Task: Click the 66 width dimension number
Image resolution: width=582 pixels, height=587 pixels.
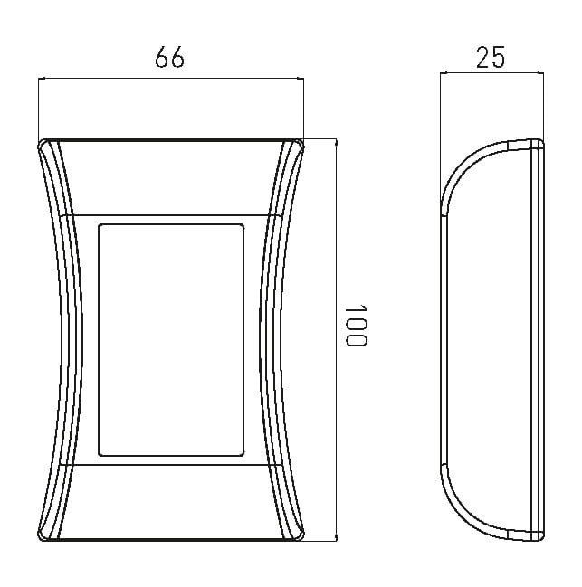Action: click(x=169, y=57)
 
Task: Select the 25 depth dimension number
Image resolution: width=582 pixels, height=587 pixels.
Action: click(x=491, y=57)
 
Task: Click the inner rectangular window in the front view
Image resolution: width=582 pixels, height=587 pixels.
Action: click(x=171, y=340)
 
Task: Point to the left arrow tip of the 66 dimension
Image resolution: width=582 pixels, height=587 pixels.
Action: click(x=39, y=79)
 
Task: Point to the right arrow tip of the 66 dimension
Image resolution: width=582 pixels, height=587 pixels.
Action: click(x=304, y=79)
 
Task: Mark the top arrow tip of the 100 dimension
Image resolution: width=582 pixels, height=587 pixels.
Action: click(x=336, y=139)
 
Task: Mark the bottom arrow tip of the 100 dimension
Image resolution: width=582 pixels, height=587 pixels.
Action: click(x=336, y=541)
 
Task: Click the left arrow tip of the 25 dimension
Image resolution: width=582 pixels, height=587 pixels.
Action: click(x=441, y=74)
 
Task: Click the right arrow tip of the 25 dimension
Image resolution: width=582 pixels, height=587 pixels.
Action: click(x=543, y=74)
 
